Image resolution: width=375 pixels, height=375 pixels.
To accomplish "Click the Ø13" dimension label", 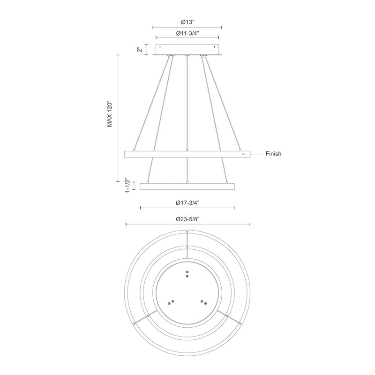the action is point(187,22).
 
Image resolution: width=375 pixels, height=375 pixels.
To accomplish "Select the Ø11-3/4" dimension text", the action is point(187,33).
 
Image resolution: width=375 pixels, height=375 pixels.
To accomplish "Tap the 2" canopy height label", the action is point(140,50).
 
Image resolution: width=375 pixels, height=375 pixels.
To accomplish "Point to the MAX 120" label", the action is point(110,113).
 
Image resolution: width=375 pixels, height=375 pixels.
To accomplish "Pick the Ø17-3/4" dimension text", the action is point(187,203).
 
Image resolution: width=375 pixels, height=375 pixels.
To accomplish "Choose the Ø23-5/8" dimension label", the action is point(187,219).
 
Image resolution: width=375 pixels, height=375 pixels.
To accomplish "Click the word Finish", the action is point(273,154).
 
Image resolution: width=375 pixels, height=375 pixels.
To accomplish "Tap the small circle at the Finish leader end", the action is point(243,154).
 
